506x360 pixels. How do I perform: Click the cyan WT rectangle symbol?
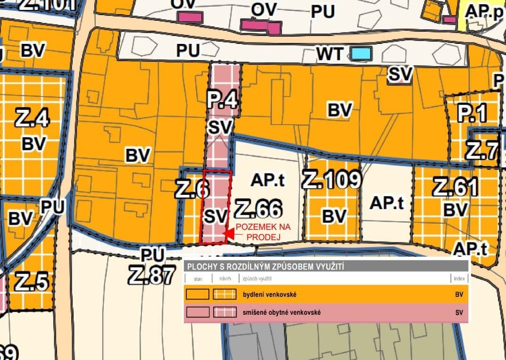362,53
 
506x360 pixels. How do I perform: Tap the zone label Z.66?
258,208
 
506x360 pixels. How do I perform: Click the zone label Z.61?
455,187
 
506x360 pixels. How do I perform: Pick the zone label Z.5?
31,282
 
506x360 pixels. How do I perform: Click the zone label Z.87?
151,275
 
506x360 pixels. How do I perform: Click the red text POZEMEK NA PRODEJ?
263,231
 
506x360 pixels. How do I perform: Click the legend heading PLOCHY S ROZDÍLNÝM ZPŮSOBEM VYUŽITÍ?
265,267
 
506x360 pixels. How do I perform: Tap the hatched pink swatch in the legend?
224,312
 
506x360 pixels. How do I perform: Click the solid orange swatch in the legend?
197,295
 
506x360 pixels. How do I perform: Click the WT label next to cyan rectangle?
329,54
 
